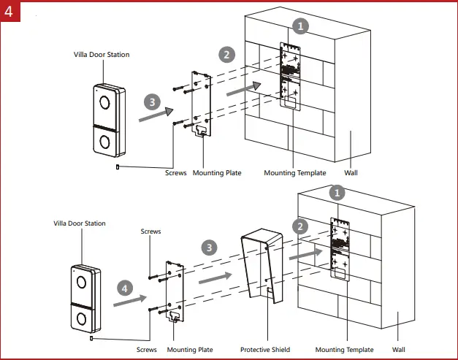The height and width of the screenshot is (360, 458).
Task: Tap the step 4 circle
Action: click(125, 289)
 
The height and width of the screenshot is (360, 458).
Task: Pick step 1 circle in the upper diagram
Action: click(300, 25)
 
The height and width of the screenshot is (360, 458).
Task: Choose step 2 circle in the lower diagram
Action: click(298, 226)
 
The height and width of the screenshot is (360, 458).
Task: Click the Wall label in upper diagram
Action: click(353, 173)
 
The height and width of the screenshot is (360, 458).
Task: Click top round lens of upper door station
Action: click(104, 102)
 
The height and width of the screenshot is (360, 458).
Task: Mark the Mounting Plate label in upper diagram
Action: click(217, 173)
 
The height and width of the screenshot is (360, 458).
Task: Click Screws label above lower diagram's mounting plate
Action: click(150, 231)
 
